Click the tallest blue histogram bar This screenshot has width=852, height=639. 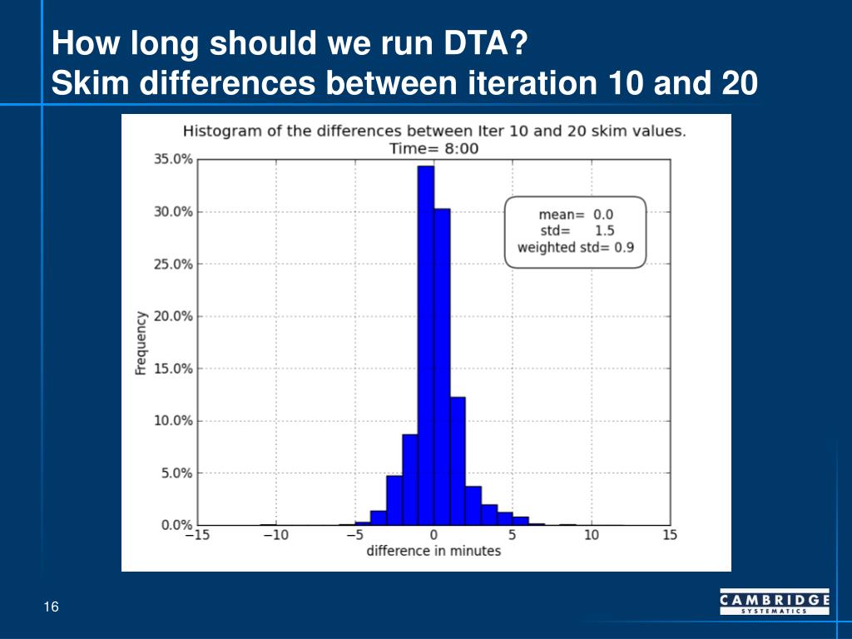point(426,345)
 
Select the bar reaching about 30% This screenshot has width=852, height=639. point(442,366)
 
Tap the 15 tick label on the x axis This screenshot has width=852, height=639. point(670,535)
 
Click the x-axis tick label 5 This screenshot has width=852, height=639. point(513,535)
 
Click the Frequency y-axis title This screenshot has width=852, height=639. point(141,343)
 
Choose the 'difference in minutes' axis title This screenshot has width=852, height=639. point(433,551)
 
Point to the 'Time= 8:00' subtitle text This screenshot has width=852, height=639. point(433,148)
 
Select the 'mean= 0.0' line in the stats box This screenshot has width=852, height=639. point(576,214)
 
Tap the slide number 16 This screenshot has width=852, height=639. point(52,607)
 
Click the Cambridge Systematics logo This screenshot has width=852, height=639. point(774,602)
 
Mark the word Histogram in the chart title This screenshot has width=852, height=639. point(219,131)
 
